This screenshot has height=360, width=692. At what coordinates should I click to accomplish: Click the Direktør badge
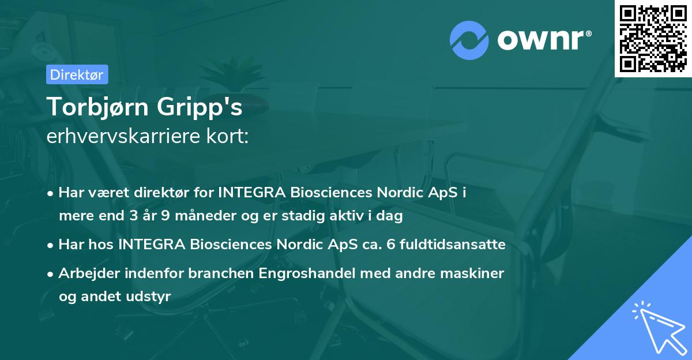(77, 74)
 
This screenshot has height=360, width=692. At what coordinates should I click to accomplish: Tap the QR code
(653, 39)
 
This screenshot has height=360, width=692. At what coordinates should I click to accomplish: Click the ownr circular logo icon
(469, 40)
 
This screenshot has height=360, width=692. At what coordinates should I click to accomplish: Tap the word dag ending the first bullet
(390, 216)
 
